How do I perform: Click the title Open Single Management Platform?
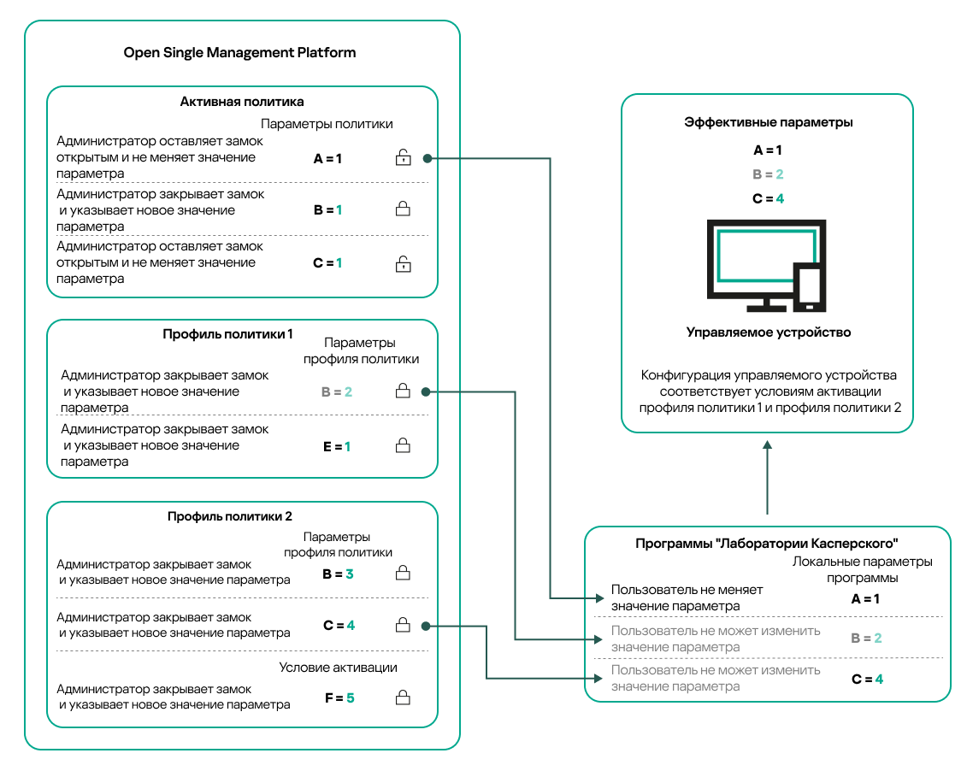239,52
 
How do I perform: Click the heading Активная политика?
242,102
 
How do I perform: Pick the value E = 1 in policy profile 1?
336,446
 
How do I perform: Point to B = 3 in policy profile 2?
338,574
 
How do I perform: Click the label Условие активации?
338,668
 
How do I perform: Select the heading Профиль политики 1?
228,333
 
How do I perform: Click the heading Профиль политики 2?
229,516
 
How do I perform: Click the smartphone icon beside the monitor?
807,287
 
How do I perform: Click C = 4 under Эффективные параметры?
768,198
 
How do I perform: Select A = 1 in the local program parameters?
865,598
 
